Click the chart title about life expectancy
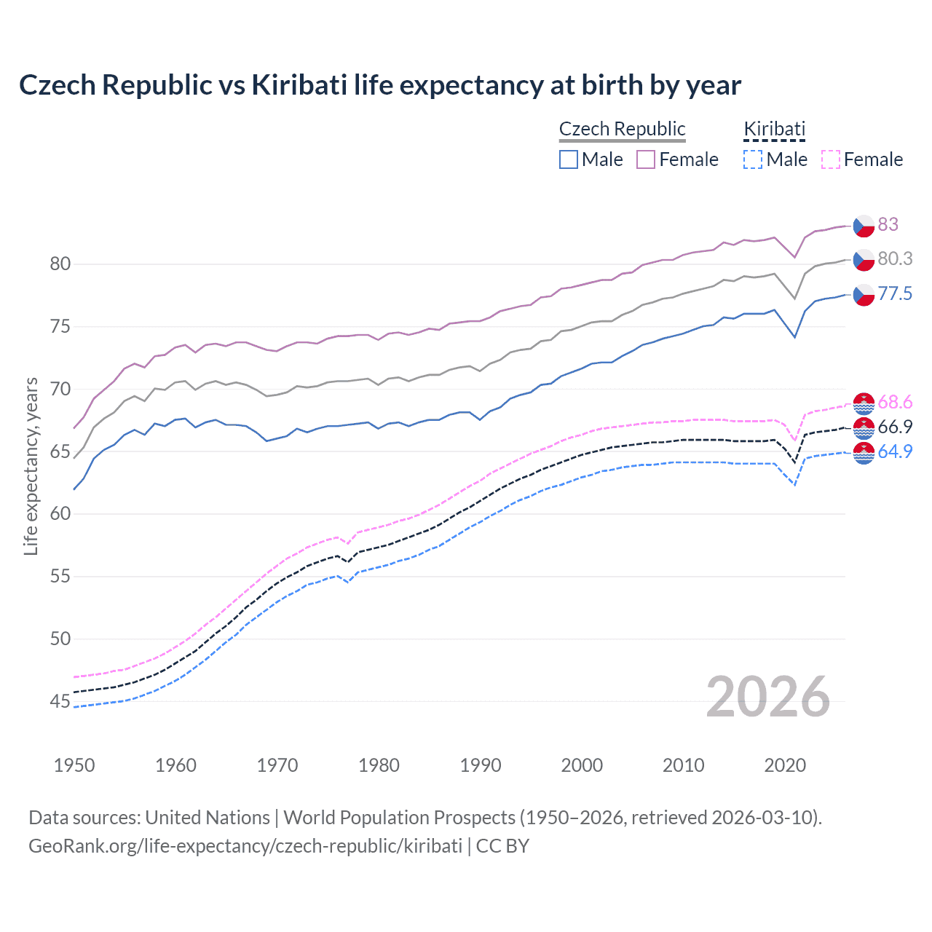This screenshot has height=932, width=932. coord(379,85)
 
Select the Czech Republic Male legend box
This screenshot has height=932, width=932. coord(569,159)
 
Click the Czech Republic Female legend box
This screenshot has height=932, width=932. coord(646,159)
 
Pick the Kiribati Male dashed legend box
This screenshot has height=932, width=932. coord(753,159)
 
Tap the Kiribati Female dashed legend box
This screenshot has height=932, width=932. coord(831,159)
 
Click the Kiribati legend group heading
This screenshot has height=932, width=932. coord(774,129)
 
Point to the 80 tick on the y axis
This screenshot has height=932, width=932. coord(60,264)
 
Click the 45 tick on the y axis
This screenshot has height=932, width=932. coord(60,701)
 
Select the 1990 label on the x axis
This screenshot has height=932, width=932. coord(481,765)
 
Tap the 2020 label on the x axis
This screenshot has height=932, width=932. coord(785,765)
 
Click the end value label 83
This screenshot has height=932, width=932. coord(888,224)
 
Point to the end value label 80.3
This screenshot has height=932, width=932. coord(895,258)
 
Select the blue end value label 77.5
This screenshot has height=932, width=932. coord(895,293)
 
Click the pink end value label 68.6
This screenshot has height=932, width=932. coord(895,402)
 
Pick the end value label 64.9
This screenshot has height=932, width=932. coord(895,451)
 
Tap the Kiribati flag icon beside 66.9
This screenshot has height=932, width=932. coord(864,427)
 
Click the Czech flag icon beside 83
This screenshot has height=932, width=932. coord(864,225)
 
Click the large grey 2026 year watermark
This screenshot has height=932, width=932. coord(768,697)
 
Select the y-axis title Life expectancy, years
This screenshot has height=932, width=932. coord(31,466)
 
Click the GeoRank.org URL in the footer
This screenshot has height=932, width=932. coord(245,846)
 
